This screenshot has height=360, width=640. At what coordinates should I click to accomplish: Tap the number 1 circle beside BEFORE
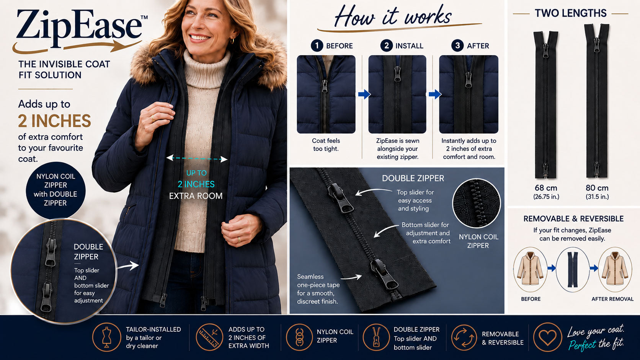[x=317, y=46]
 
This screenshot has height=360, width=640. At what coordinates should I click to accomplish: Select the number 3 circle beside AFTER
[x=457, y=46]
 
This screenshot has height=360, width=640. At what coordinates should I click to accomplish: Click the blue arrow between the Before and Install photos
[x=364, y=94]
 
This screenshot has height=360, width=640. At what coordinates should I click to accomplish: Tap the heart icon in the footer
[x=547, y=337]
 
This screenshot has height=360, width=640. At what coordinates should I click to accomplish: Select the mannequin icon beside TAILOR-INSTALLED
[x=106, y=337]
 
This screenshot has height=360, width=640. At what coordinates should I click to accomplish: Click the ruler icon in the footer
[x=209, y=337]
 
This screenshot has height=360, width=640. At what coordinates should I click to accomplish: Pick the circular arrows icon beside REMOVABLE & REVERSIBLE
[x=464, y=337]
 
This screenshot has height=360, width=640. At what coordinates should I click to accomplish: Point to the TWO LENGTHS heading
[x=571, y=13]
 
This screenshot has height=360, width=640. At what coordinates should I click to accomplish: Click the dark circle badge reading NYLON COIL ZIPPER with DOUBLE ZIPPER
[x=56, y=190]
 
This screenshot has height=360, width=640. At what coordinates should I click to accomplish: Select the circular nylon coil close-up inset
[x=477, y=203]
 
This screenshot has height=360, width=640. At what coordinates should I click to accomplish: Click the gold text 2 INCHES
[x=54, y=121]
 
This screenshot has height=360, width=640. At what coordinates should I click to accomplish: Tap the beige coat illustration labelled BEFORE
[x=530, y=269]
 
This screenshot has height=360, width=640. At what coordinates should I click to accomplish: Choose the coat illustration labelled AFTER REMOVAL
[x=615, y=269]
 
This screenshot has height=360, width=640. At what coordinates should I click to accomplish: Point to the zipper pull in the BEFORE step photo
[x=325, y=86]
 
